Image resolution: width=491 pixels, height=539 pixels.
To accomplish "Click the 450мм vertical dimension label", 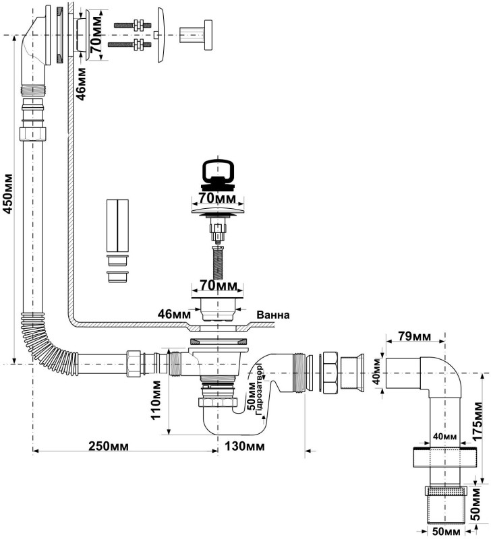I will point(9,194).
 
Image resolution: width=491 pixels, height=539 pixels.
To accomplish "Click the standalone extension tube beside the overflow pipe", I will point(117,226).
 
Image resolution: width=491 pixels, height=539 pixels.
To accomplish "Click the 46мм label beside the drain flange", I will point(174,314).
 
